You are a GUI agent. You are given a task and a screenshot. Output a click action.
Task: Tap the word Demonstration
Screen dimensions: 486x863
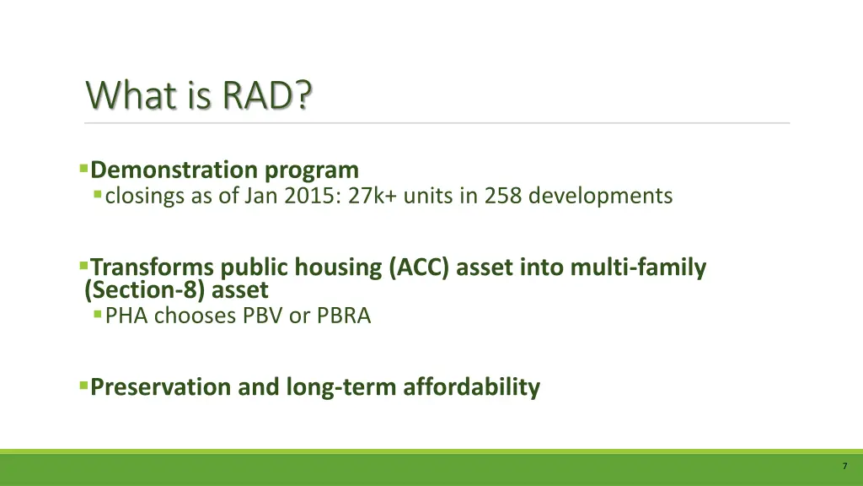(x=174, y=170)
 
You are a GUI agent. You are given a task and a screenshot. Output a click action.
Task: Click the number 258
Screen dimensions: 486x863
(x=502, y=197)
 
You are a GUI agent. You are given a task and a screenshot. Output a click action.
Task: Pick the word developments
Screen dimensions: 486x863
(x=601, y=197)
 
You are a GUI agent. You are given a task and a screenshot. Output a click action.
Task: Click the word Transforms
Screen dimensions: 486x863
(x=153, y=267)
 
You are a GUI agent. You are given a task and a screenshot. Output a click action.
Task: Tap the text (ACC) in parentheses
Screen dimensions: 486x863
(x=421, y=267)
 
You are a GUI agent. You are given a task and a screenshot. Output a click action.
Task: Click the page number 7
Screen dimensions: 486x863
(x=844, y=467)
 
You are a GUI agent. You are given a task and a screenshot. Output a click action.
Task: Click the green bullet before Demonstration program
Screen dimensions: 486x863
(x=83, y=169)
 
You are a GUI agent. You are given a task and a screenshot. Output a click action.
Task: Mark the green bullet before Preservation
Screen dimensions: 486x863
(x=83, y=386)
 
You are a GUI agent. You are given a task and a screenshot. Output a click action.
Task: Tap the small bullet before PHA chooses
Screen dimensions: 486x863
(x=99, y=315)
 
